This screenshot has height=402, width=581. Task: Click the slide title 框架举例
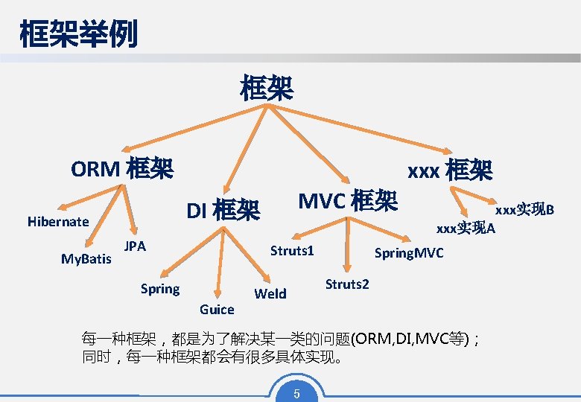coord(78,34)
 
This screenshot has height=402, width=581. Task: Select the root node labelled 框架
coord(266,88)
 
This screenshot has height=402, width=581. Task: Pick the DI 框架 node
coord(223,211)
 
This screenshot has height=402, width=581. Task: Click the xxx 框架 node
coord(450,171)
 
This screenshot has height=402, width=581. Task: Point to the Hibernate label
coord(58,221)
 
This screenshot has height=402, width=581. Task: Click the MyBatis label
coord(86,259)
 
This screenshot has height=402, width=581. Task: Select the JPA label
coord(135,246)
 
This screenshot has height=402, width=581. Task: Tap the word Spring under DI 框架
coord(160,289)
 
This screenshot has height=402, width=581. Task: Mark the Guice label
coord(217,309)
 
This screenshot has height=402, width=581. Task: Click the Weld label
coord(270,293)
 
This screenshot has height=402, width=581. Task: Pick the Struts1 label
coord(292,250)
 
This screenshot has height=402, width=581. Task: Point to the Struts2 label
coord(347,284)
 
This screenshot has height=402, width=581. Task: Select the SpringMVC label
coord(409,253)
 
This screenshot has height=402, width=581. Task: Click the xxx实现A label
coord(466,228)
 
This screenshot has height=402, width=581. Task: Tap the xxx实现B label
coord(525,210)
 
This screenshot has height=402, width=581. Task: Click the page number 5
coord(296,394)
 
